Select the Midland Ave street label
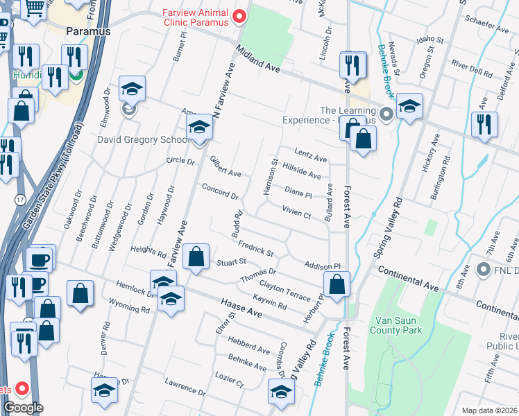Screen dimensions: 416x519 (x=257, y=61)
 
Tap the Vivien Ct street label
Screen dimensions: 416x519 (x=296, y=211)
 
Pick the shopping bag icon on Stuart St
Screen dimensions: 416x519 (x=197, y=257)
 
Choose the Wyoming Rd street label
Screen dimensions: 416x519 (x=130, y=307)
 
